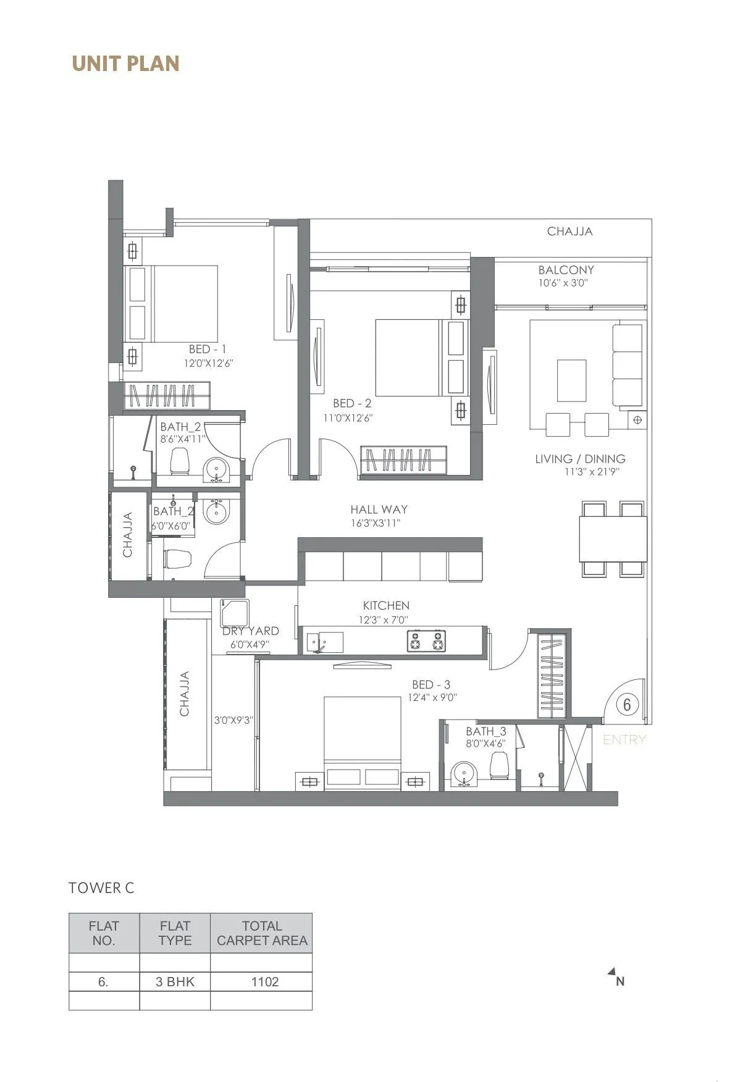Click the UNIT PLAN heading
(125, 64)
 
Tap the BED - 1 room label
(208, 350)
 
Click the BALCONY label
(566, 270)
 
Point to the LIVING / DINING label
(580, 459)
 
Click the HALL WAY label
(379, 510)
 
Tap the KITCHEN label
(386, 606)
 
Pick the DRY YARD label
(251, 631)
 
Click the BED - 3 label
(431, 685)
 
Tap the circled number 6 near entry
(627, 705)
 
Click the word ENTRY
(624, 740)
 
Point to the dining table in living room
(613, 539)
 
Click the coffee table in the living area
(571, 380)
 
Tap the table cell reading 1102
(264, 982)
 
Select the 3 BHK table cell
(175, 982)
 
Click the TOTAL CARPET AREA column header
(262, 933)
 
